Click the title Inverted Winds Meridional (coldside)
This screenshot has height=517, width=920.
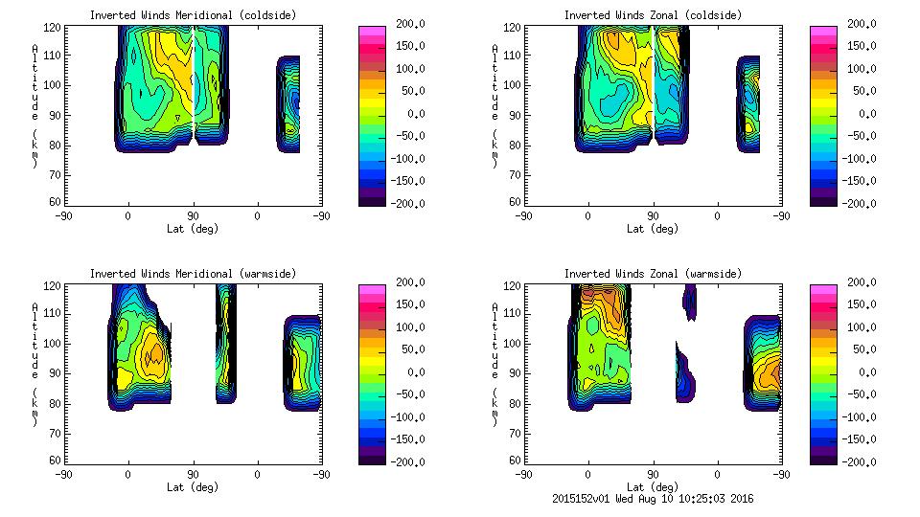(x=193, y=15)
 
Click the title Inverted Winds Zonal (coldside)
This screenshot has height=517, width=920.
(x=653, y=15)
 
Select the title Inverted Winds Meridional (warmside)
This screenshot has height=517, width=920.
(x=193, y=274)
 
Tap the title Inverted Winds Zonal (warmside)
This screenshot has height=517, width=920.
(x=653, y=274)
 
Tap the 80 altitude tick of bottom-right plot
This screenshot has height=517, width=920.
(x=517, y=403)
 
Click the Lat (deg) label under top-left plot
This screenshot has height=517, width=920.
(x=193, y=229)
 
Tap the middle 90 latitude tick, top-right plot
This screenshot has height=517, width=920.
(x=653, y=215)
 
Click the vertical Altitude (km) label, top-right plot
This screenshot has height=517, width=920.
(x=494, y=105)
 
